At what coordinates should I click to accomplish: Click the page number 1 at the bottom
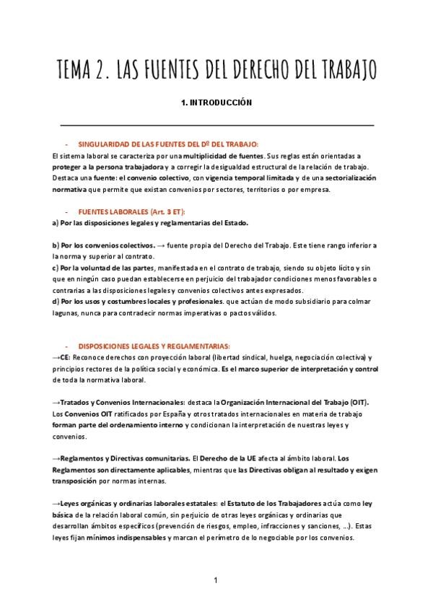[216, 580]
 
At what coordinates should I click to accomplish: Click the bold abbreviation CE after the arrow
[65, 358]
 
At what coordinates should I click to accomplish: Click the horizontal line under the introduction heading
[216, 126]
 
